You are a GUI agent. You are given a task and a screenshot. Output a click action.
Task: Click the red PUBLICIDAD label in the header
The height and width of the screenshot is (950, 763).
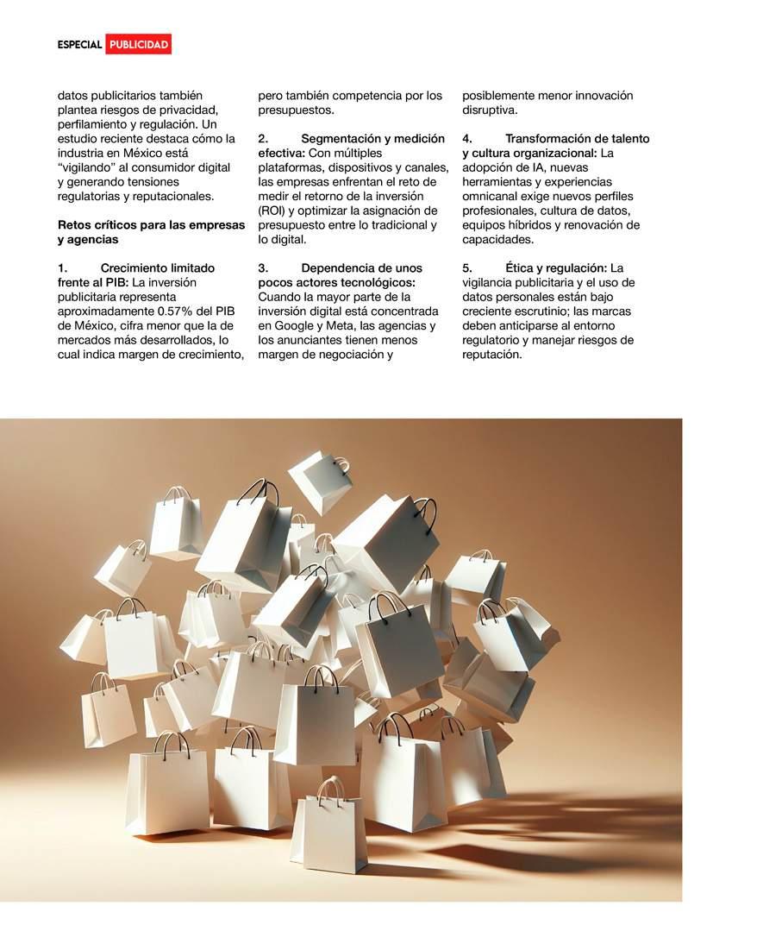tap(139, 45)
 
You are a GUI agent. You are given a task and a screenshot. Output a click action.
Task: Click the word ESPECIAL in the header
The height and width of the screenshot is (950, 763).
tap(80, 45)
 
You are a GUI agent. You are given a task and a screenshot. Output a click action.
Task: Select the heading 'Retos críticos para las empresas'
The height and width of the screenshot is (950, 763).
tap(151, 225)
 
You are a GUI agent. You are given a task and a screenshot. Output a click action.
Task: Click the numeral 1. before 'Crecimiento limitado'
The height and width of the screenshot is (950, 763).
tap(63, 268)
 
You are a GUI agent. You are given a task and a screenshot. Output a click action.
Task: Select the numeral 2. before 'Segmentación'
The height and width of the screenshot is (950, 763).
tap(264, 139)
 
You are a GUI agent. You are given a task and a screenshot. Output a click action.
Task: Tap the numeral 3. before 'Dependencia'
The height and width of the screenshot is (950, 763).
tap(264, 268)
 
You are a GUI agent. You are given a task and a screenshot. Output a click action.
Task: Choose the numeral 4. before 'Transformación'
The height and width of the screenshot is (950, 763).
tap(467, 139)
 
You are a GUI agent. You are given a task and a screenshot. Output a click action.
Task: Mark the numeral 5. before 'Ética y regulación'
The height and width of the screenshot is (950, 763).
tap(467, 268)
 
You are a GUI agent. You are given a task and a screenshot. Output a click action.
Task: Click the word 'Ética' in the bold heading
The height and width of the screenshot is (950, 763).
tap(522, 268)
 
